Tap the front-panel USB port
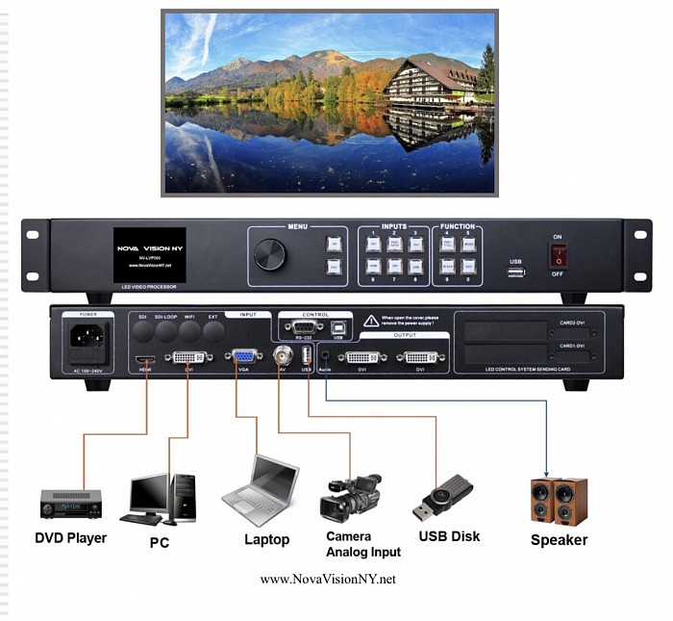point(516,273)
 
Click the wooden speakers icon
point(559,501)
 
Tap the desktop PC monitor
point(150,493)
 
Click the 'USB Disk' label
point(449,536)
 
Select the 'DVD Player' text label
point(70,537)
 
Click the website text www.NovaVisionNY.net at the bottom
point(328,580)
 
